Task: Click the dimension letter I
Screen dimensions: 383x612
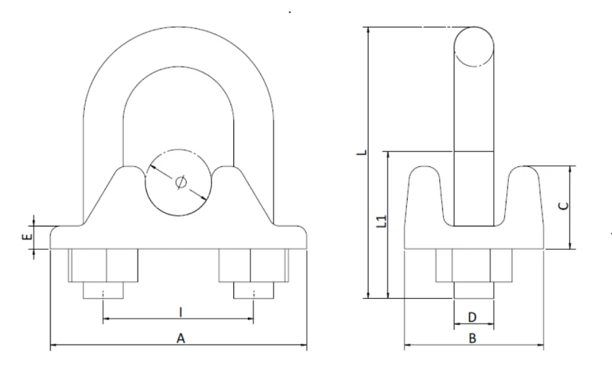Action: pyautogui.click(x=181, y=311)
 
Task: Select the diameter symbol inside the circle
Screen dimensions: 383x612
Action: pyautogui.click(x=180, y=182)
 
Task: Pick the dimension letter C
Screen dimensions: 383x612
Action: pyautogui.click(x=562, y=205)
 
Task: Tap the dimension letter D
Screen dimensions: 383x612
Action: pyautogui.click(x=472, y=316)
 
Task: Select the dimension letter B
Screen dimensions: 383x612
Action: pyautogui.click(x=472, y=338)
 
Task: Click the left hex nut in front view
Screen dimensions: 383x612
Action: pyautogui.click(x=104, y=266)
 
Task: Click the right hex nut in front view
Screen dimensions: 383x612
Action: pyautogui.click(x=254, y=266)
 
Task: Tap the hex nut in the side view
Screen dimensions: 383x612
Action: pyautogui.click(x=473, y=266)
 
